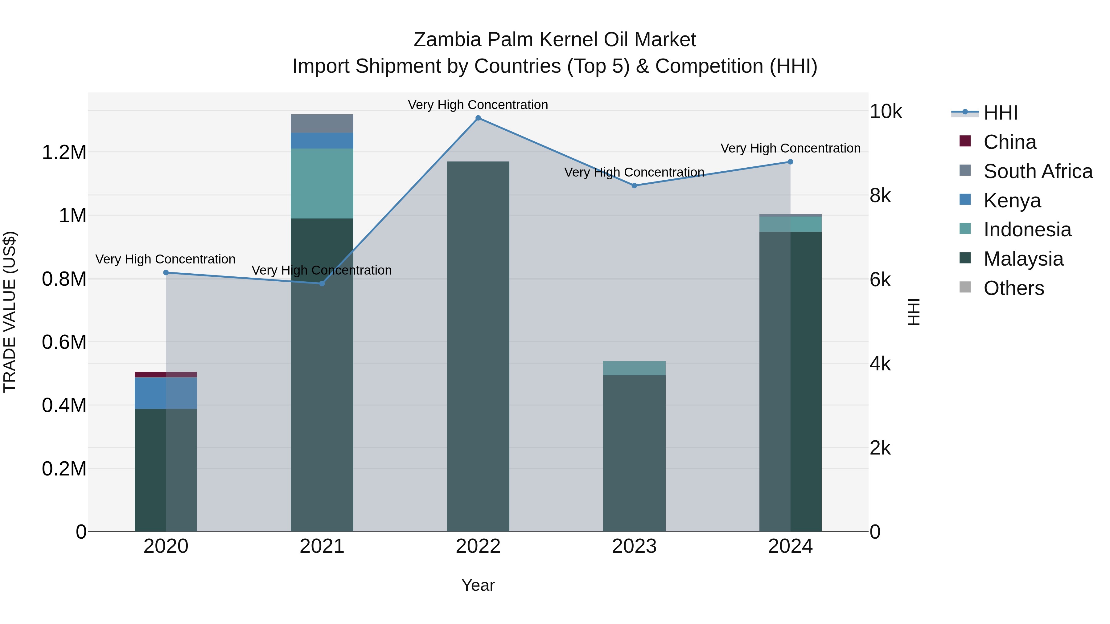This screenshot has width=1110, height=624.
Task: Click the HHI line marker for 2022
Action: click(x=478, y=118)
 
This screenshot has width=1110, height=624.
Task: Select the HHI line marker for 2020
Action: click(x=166, y=273)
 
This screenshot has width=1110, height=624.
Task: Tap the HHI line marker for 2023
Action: click(x=634, y=186)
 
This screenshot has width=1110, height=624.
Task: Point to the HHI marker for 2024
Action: click(x=790, y=162)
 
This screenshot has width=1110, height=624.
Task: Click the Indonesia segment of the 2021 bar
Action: click(x=322, y=183)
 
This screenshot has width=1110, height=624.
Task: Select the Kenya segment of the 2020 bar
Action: click(x=166, y=393)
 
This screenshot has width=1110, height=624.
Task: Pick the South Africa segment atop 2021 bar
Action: click(x=322, y=124)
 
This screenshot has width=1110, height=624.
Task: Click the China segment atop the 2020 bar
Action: click(x=166, y=374)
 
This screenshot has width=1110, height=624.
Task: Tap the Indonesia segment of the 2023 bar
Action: click(x=634, y=368)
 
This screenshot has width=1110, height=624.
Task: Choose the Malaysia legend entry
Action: click(x=1023, y=259)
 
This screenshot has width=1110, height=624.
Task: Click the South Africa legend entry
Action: click(x=1038, y=171)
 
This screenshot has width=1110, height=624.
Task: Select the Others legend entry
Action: click(x=1013, y=288)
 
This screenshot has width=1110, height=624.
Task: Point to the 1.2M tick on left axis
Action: click(x=64, y=153)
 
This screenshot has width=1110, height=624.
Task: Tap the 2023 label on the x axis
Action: click(x=634, y=546)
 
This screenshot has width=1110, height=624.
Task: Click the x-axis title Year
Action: click(x=478, y=585)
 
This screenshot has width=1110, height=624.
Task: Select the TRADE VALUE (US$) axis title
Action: click(x=10, y=312)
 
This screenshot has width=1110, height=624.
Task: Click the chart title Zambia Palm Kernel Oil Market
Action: click(x=555, y=40)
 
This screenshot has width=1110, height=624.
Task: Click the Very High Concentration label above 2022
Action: click(x=478, y=105)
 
